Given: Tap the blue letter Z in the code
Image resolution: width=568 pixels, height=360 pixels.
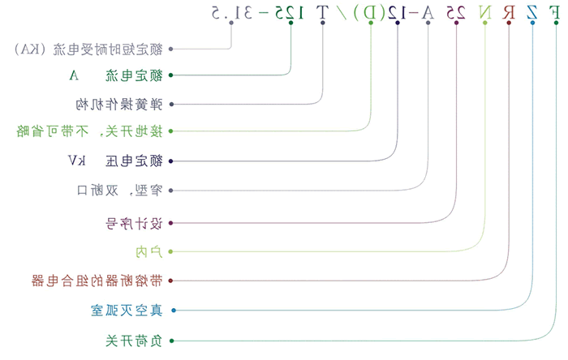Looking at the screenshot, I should coord(532,13).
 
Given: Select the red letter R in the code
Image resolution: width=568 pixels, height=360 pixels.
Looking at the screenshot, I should coord(509,13).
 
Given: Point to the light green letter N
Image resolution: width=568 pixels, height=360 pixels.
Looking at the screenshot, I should coord(485,13).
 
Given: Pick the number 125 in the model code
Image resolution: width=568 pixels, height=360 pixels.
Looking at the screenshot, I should coord(290,13).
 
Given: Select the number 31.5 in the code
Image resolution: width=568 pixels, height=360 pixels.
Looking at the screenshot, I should coord(231,13).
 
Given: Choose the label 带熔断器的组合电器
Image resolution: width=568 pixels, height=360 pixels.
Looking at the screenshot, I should coord(97,281).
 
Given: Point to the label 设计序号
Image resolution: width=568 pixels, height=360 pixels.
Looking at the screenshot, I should coord(134,221).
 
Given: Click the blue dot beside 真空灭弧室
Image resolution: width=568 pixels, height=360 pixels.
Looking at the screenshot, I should coord(171,311).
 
